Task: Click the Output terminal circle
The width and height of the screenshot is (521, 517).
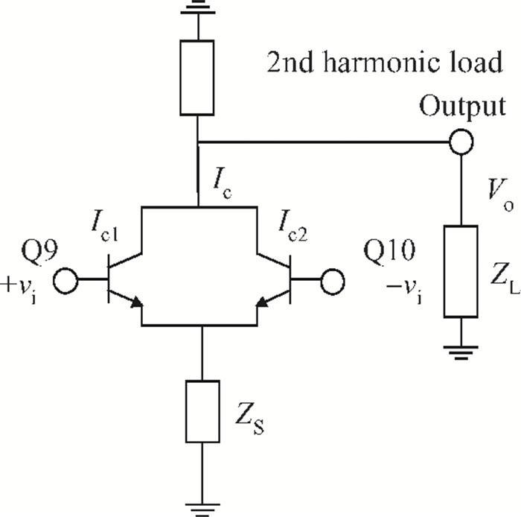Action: click(461, 141)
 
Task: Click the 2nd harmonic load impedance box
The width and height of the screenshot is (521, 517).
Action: click(198, 77)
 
